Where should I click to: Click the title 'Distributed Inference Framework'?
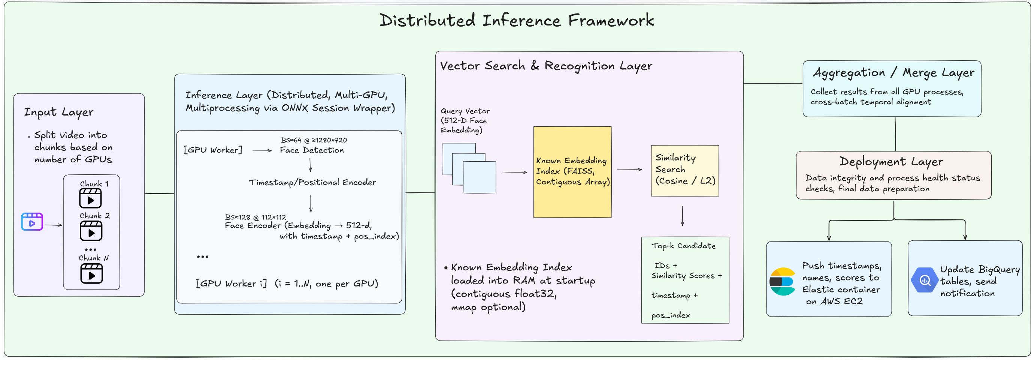coord(516,20)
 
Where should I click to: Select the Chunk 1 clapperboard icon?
coord(90,198)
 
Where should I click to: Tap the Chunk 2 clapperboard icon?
coord(91,231)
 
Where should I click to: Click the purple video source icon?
coord(32,222)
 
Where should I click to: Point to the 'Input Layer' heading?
coord(59,112)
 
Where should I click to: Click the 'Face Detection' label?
coord(312,150)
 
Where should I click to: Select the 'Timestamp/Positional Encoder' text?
coord(312,182)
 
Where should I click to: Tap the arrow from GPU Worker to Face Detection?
coord(262,151)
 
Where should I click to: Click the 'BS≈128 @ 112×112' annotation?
coord(256,217)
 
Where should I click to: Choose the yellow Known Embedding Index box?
coord(572,172)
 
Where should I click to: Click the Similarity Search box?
coord(685,171)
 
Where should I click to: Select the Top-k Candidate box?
coord(685,280)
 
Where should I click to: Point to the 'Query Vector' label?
coord(465,111)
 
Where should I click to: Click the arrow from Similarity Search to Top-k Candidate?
coord(682,216)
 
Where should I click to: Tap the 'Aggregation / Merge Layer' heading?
coord(893,72)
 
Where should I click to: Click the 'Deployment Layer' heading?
coord(891,162)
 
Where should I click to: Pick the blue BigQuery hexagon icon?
coord(925,280)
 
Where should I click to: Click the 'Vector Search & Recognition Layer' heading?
coord(546,66)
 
